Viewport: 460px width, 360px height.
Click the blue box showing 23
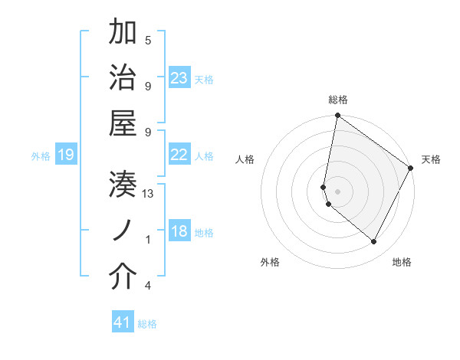[179, 78]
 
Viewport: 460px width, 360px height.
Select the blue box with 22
[179, 155]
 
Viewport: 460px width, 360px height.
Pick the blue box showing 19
[65, 155]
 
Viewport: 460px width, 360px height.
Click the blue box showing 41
[123, 322]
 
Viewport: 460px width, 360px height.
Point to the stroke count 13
[148, 194]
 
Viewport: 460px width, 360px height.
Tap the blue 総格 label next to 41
[147, 324]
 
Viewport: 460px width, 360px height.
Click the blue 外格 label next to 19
[41, 156]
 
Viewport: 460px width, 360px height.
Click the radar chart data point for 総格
[337, 116]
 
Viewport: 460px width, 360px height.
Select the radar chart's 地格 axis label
[402, 262]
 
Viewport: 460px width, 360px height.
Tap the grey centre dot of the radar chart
[337, 191]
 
